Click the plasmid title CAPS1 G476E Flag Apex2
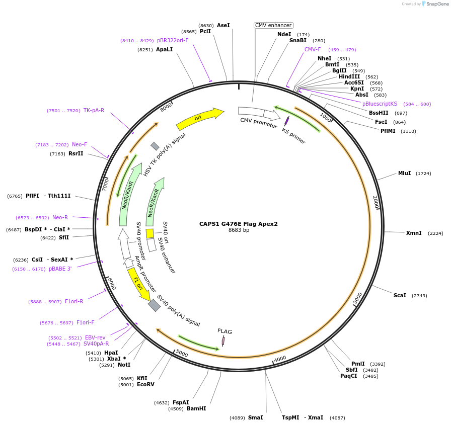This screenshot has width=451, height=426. tap(238, 224)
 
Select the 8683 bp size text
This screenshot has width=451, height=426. tap(239, 230)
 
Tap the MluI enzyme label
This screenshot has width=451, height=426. tap(404, 174)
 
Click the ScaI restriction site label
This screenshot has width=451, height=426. tap(400, 295)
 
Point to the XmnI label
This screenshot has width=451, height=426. tap(413, 233)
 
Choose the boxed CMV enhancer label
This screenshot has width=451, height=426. tap(273, 25)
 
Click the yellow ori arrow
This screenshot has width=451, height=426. tap(199, 119)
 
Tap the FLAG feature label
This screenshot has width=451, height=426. tap(224, 331)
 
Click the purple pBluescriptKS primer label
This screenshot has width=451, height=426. tap(380, 104)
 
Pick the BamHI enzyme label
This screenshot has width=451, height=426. tap(196, 408)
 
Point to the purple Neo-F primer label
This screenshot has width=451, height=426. tap(80, 144)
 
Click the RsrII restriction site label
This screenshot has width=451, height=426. tap(76, 153)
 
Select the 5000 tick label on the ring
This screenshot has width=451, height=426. tap(182, 354)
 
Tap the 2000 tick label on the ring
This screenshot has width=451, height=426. tap(375, 203)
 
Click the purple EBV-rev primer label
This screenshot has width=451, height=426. tap(95, 338)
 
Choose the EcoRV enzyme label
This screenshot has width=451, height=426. tap(145, 385)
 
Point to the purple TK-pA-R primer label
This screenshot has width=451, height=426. tap(94, 110)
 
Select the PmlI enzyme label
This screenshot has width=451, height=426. tap(358, 364)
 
